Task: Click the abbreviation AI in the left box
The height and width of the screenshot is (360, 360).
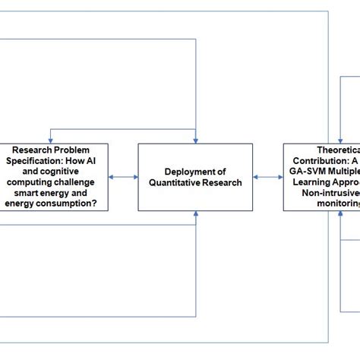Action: click(x=91, y=161)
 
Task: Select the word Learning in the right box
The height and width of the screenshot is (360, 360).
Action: click(x=311, y=182)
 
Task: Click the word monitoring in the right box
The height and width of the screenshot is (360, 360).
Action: click(x=334, y=204)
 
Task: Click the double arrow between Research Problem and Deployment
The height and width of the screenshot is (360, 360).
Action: click(x=122, y=177)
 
